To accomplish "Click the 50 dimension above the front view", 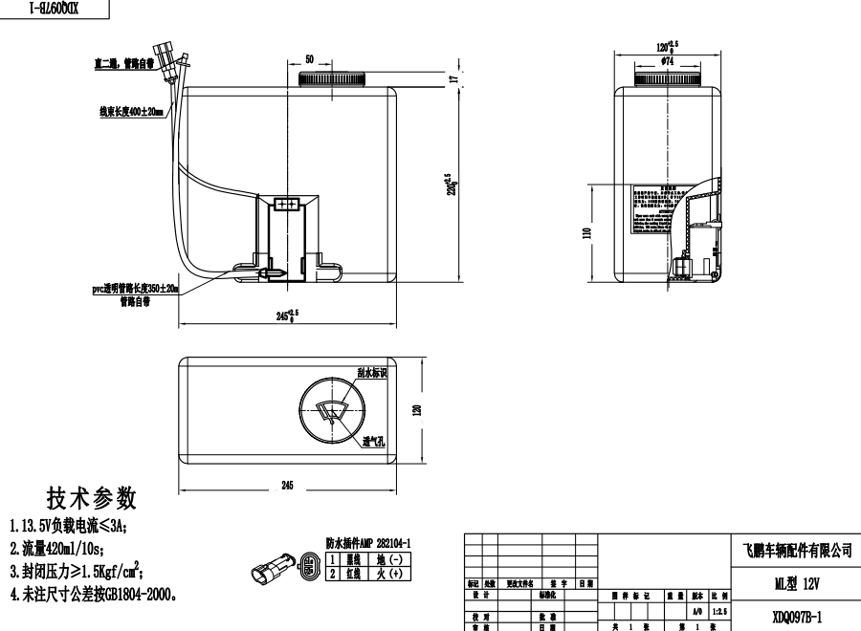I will coord(309,59).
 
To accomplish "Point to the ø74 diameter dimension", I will coord(666,61).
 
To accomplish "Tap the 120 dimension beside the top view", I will coord(417,409).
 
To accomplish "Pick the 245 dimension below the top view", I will coord(287,486).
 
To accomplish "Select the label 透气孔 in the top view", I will coord(373,442).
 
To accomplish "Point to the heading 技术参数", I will coord(91,498).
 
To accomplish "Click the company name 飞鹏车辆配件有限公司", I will coord(796,551).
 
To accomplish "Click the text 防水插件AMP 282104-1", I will coord(375,541).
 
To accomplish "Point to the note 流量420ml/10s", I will coord(57,548).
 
